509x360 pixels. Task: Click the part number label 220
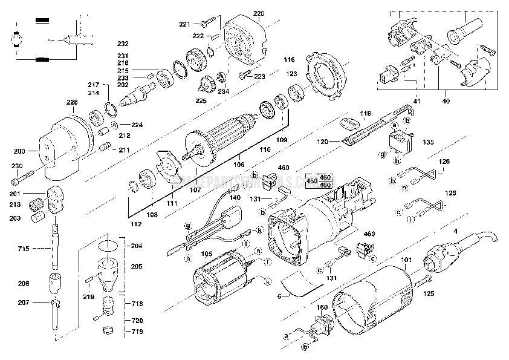point(259,13)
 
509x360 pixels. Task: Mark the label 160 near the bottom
point(322,307)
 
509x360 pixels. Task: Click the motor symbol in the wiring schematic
point(13,39)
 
